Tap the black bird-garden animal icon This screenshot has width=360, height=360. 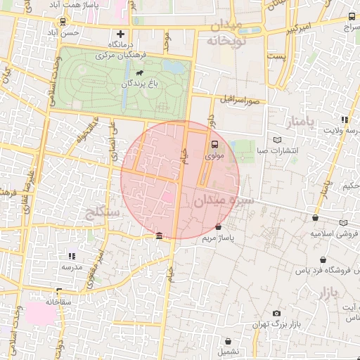(x=141, y=73)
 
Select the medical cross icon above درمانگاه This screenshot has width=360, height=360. (x=121, y=34)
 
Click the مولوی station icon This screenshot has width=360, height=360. (x=214, y=145)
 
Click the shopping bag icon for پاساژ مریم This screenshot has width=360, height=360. (x=219, y=227)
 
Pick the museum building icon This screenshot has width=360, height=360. (x=160, y=236)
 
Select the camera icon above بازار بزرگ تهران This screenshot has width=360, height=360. (x=276, y=313)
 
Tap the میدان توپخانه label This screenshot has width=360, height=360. (x=224, y=33)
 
